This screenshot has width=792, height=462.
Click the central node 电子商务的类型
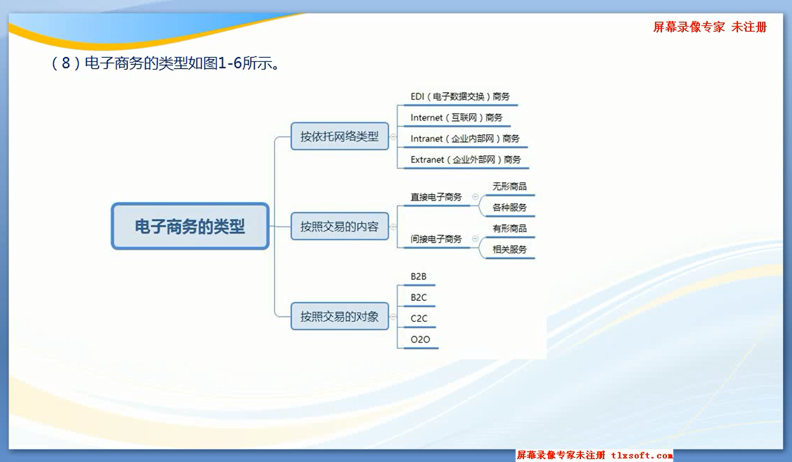coord(190,226)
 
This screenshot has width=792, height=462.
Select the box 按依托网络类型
coord(340,137)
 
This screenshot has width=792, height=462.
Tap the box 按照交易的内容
coord(340,226)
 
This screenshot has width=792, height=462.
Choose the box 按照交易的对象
coord(340,316)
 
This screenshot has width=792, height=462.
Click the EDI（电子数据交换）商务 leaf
coord(460,97)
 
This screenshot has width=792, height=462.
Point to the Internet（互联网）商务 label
coord(457,117)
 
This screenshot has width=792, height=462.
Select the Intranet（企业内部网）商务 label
coord(465,139)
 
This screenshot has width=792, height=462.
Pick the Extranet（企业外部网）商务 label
coord(466,159)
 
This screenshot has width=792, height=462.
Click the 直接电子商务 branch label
coord(436,197)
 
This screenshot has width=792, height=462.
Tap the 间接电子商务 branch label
coord(436,239)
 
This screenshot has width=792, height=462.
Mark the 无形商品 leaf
coord(510,186)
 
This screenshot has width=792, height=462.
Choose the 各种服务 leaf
coord(510,208)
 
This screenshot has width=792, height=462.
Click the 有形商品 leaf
coord(510,229)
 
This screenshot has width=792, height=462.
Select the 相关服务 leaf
coord(510,250)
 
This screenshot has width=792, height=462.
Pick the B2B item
coord(418,277)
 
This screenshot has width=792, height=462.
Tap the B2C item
coord(419,298)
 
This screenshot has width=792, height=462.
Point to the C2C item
coord(419,319)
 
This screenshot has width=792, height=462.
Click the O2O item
coord(421,340)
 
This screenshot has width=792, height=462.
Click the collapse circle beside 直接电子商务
coord(475,197)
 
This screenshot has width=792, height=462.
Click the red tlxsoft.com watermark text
coord(642,455)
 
